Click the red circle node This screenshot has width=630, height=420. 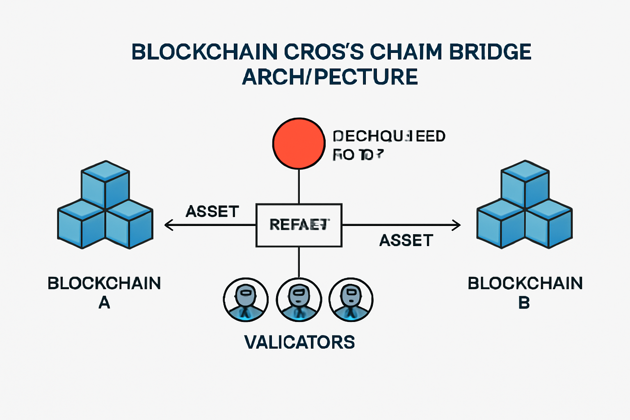pyautogui.click(x=299, y=143)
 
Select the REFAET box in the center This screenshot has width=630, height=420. pyautogui.click(x=299, y=225)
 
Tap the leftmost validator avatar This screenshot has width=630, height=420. pyautogui.click(x=246, y=300)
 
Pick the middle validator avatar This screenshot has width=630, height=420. pyautogui.click(x=299, y=300)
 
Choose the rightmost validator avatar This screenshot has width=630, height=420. pyautogui.click(x=351, y=300)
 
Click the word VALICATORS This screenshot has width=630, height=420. pyautogui.click(x=299, y=342)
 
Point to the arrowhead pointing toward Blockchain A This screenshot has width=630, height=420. pyautogui.click(x=167, y=225)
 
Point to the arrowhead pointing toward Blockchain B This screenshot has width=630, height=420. pyautogui.click(x=457, y=225)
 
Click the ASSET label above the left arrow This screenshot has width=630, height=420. pyautogui.click(x=212, y=212)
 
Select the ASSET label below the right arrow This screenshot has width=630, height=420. pyautogui.click(x=406, y=240)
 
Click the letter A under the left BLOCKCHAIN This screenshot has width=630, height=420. pyautogui.click(x=104, y=303)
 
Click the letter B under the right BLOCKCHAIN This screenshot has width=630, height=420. pyautogui.click(x=524, y=303)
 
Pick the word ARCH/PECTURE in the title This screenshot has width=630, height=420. pyautogui.click(x=330, y=77)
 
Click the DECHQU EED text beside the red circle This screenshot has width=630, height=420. pyautogui.click(x=389, y=136)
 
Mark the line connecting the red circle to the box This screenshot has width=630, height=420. pyautogui.click(x=299, y=186)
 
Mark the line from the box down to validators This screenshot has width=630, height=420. pyautogui.click(x=299, y=262)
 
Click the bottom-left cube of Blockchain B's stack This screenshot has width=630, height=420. pyautogui.click(x=501, y=224)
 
